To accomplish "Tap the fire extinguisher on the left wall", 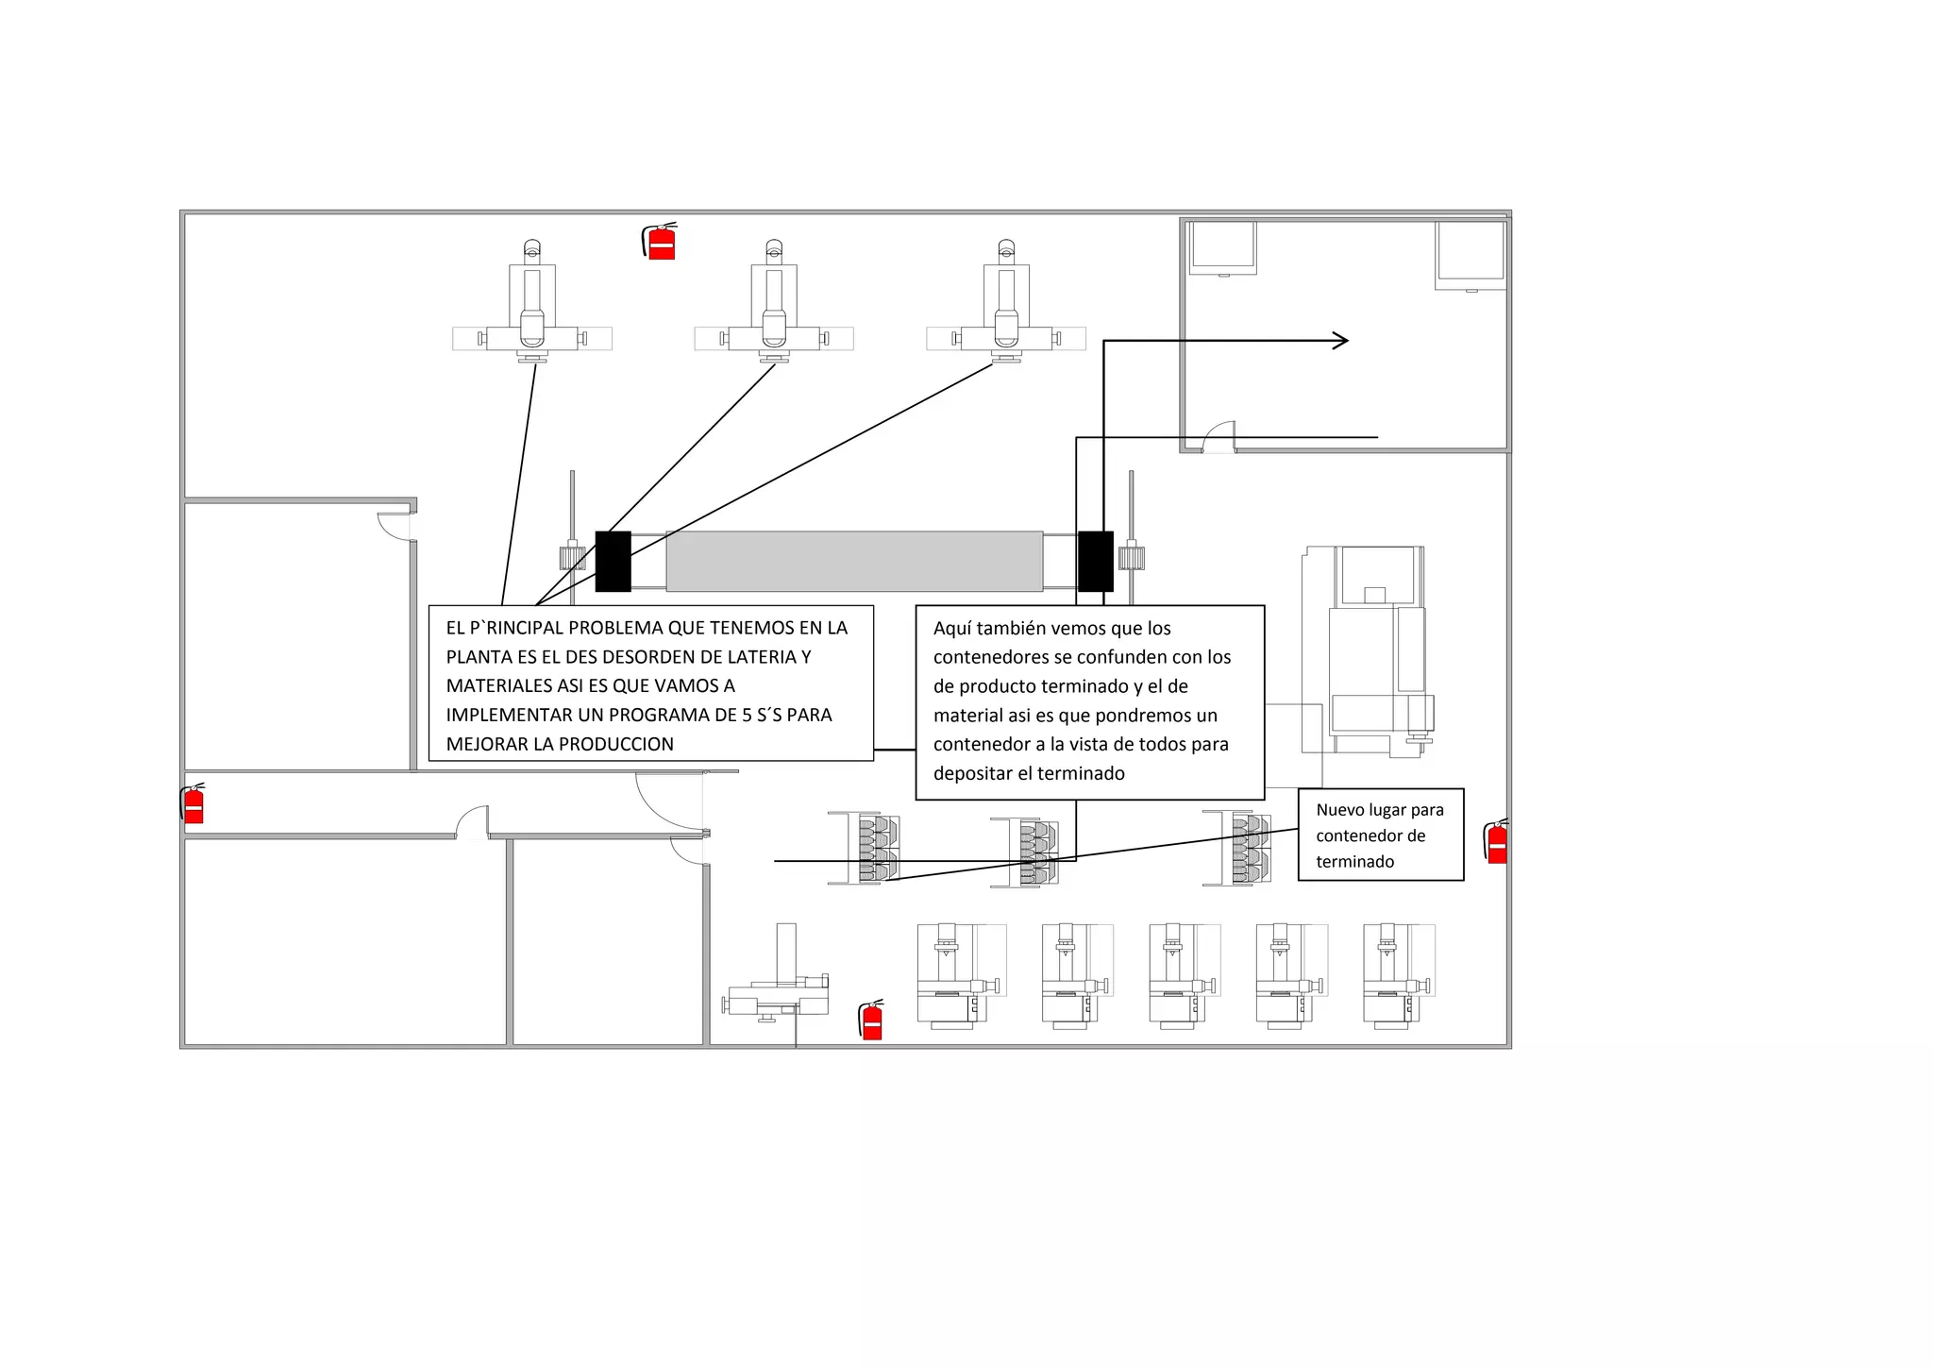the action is coord(193,804).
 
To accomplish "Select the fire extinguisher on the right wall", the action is coord(1496,842).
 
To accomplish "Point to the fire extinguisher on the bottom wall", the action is coord(872,1021).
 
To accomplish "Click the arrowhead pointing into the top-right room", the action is coord(1341,341).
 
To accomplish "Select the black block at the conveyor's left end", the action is coord(613,562).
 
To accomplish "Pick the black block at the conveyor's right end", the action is coord(1095,562).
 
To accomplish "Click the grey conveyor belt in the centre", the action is coord(854,562).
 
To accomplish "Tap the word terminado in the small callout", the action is coord(1354,861).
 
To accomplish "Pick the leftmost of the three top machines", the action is coord(532,307).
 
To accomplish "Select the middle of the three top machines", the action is coord(774,307).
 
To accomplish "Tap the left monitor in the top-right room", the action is coord(1223,247).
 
